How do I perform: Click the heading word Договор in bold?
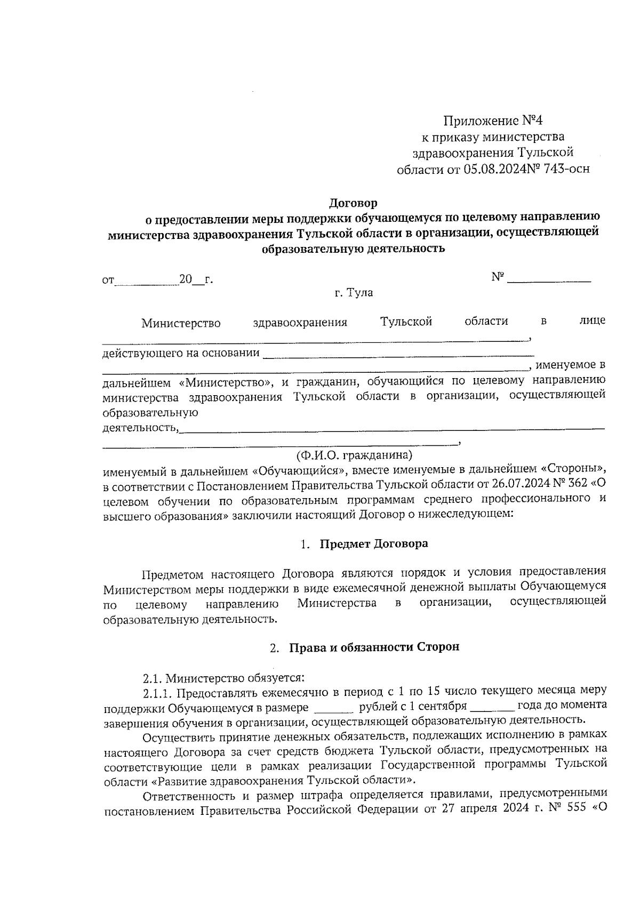353,203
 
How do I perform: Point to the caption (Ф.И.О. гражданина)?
355,456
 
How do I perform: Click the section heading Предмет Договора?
373,544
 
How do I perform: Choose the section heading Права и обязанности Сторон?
374,647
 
